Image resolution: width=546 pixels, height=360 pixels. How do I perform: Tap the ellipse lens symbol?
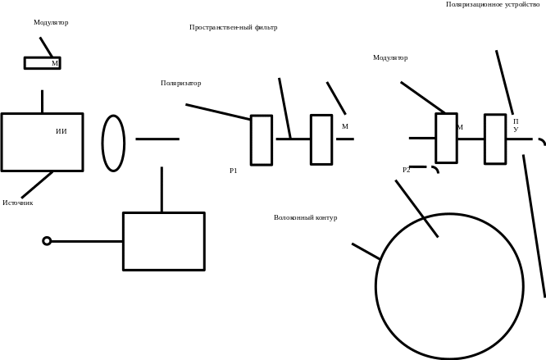point(113,143)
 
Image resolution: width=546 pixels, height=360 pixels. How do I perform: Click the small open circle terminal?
point(47,241)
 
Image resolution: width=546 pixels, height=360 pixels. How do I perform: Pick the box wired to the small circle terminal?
point(163,241)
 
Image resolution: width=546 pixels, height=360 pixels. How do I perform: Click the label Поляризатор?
point(181,83)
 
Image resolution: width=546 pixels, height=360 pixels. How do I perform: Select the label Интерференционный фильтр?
point(234,27)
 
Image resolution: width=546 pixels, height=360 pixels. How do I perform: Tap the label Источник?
point(18,202)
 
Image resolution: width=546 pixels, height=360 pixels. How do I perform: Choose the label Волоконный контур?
point(306,217)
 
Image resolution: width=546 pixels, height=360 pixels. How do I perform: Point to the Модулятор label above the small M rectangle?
point(52,22)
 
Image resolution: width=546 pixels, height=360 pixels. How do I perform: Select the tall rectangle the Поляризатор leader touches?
point(261,140)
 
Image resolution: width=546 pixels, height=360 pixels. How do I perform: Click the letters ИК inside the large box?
point(61,131)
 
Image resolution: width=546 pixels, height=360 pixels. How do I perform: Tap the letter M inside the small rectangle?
point(55,62)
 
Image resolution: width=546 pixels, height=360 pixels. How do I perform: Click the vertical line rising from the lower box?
point(162,189)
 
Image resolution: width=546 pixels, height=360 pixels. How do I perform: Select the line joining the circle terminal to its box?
point(86,241)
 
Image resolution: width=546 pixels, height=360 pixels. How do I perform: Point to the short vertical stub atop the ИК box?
point(42,102)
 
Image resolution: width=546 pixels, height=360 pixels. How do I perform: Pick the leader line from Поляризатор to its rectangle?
point(217,112)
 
